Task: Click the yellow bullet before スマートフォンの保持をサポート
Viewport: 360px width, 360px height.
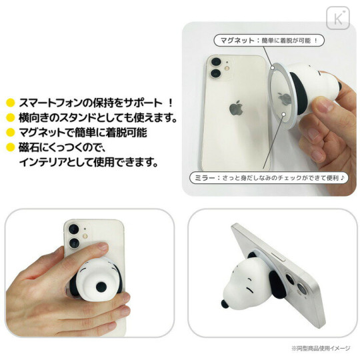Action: coord(10,104)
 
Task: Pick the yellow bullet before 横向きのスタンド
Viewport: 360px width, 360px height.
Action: coord(10,119)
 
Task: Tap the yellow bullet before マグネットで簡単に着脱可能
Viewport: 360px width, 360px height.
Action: coord(10,133)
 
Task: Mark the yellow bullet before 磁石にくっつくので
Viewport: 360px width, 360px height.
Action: coord(10,147)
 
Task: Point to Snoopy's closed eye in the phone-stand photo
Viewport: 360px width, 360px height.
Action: coord(249,289)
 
